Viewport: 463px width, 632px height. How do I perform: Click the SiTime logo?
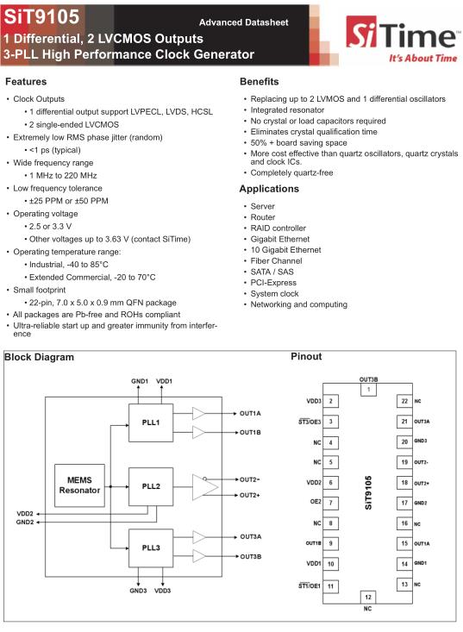pyautogui.click(x=402, y=39)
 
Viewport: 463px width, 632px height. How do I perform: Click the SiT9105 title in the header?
pyautogui.click(x=41, y=17)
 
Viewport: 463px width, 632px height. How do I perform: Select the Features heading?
pyautogui.click(x=26, y=81)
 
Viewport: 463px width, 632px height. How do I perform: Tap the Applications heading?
pyautogui.click(x=269, y=189)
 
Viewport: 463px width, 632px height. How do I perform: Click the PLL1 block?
pyautogui.click(x=151, y=422)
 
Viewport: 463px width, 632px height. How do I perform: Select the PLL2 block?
pyautogui.click(x=151, y=486)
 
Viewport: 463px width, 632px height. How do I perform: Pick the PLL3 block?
pyautogui.click(x=151, y=548)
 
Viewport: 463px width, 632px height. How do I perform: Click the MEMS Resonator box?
pyautogui.click(x=79, y=485)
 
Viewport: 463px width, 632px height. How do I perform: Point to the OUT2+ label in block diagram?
pyautogui.click(x=250, y=495)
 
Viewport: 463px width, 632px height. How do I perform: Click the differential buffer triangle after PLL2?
pyautogui.click(x=204, y=487)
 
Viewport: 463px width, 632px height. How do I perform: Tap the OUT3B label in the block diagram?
pyautogui.click(x=251, y=557)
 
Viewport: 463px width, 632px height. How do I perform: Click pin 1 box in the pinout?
pyautogui.click(x=368, y=390)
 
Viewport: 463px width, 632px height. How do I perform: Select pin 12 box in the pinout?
pyautogui.click(x=368, y=597)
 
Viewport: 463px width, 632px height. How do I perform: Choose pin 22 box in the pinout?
pyautogui.click(x=404, y=401)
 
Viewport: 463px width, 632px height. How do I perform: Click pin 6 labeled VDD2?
pyautogui.click(x=331, y=483)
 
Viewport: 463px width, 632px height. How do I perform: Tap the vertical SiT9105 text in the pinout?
pyautogui.click(x=368, y=492)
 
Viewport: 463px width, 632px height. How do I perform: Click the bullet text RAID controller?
pyautogui.click(x=278, y=228)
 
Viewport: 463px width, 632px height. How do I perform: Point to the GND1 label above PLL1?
pyautogui.click(x=140, y=381)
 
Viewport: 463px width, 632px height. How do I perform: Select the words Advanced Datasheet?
pyautogui.click(x=244, y=22)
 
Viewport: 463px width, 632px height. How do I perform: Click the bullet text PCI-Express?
pyautogui.click(x=273, y=283)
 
